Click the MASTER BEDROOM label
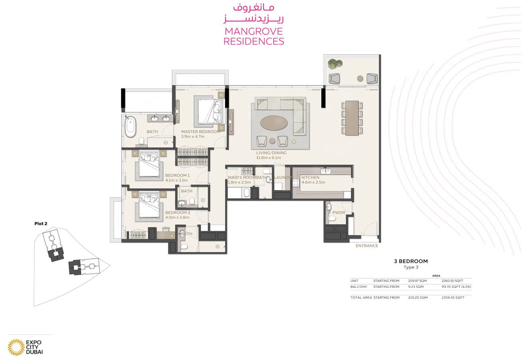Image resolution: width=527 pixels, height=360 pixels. click(201, 132)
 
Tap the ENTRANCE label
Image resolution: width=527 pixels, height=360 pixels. click(367, 246)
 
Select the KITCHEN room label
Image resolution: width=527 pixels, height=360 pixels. click(310, 178)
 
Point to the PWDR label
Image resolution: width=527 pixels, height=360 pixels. click(339, 212)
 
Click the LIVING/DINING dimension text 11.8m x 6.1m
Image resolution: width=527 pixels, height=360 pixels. click(268, 158)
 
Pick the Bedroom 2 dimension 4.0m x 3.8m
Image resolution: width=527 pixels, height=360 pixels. click(177, 218)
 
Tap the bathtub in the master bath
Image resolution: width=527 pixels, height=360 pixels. click(130, 126)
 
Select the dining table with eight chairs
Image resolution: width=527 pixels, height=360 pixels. click(352, 118)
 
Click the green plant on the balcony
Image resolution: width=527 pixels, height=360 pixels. click(335, 64)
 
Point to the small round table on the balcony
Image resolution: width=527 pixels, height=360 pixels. click(360, 78)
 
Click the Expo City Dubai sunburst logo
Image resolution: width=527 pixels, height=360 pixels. click(16, 347)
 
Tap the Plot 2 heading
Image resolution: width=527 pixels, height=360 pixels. click(41, 224)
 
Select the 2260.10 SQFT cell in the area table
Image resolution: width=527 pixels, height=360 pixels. click(452, 281)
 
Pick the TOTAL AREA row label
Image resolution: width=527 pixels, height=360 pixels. click(361, 298)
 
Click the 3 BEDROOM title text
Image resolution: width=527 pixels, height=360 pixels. click(411, 261)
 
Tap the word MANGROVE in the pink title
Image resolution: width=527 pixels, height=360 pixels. click(254, 32)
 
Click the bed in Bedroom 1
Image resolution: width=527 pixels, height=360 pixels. click(149, 166)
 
